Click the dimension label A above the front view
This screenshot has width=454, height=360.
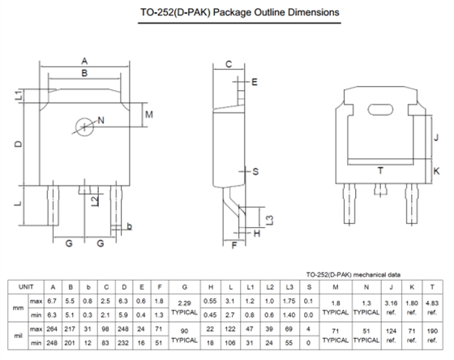pyautogui.click(x=84, y=61)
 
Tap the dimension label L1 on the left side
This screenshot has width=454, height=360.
pyautogui.click(x=19, y=96)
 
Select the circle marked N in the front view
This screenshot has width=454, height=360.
pyautogui.click(x=84, y=126)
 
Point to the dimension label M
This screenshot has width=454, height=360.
pyautogui.click(x=149, y=114)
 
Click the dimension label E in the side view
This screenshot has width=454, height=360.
pyautogui.click(x=255, y=82)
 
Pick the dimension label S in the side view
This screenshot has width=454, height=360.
pyautogui.click(x=255, y=171)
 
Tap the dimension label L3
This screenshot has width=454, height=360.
pyautogui.click(x=269, y=220)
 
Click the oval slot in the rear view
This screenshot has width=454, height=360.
pyautogui.click(x=380, y=109)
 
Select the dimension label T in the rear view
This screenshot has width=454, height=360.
pyautogui.click(x=380, y=170)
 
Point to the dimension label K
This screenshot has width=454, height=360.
pyautogui.click(x=436, y=171)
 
